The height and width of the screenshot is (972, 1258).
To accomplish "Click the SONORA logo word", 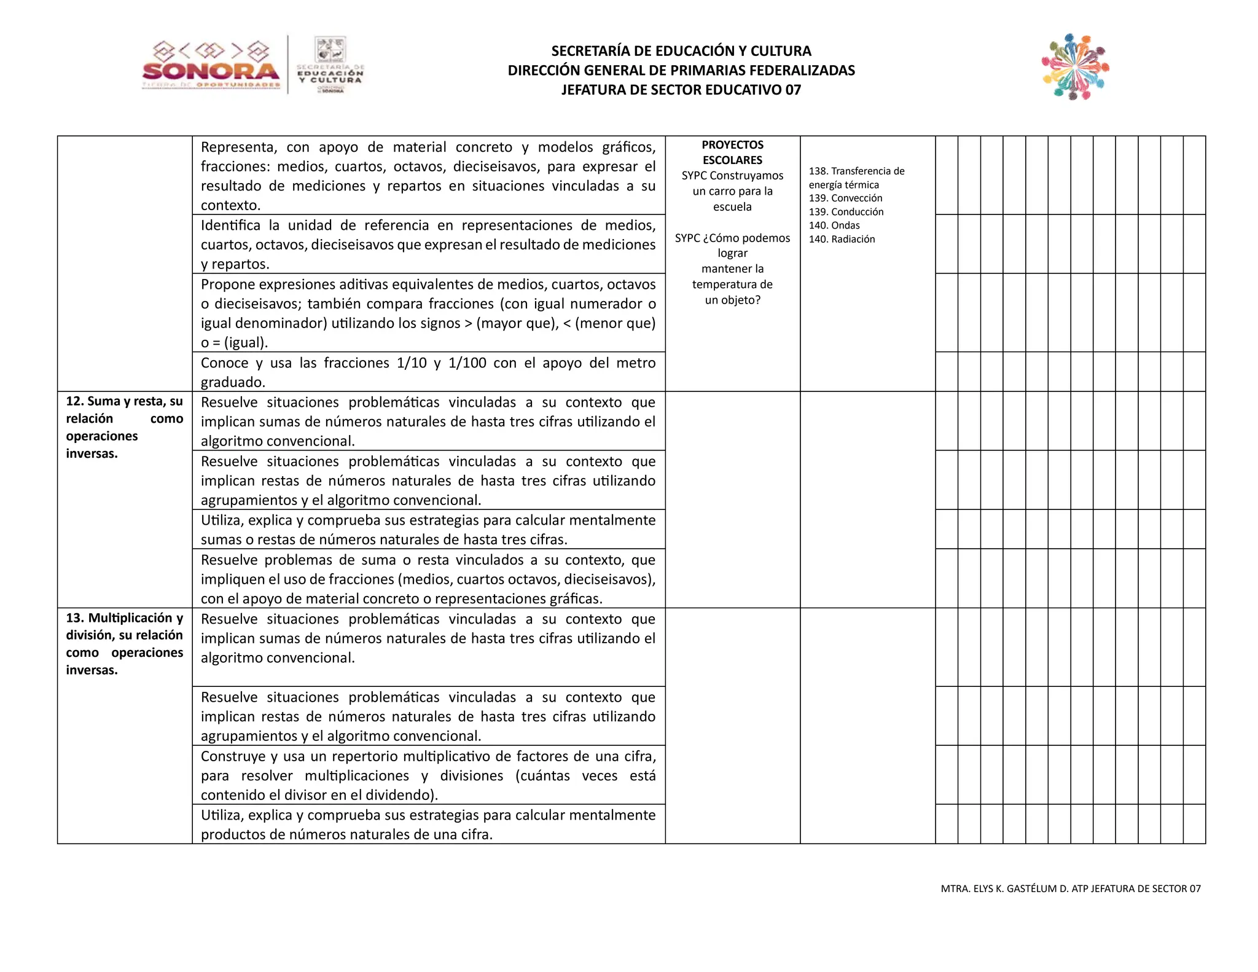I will [211, 71].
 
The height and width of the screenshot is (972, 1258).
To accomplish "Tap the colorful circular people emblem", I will [1075, 67].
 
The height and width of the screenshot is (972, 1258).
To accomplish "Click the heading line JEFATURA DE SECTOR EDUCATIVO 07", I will [681, 90].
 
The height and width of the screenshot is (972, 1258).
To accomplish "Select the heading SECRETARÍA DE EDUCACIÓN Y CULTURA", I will [681, 50].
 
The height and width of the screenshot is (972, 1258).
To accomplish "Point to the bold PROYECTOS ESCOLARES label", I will [732, 152].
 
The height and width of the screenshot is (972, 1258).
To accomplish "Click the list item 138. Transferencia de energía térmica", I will [856, 178].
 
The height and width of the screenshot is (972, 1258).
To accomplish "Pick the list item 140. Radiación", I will [842, 239].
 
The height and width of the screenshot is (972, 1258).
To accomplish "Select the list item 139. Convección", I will [845, 198].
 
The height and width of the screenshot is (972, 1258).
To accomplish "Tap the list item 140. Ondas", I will [834, 225].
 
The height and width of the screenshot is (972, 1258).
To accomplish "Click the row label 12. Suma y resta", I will [124, 401].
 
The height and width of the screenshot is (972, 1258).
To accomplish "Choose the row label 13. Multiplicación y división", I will [124, 626].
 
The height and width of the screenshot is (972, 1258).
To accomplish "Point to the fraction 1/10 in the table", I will [412, 363].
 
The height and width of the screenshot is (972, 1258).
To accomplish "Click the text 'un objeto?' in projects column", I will [732, 300].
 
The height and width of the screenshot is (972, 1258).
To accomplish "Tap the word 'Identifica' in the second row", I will [230, 225].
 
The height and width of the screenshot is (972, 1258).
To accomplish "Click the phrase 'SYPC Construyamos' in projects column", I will [732, 176].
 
